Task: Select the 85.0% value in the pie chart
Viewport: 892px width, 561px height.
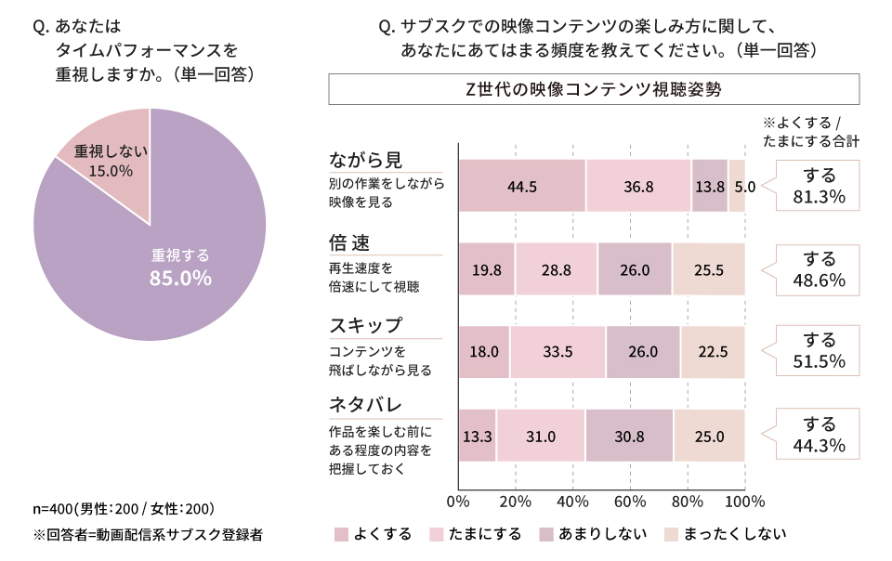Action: pos(181,278)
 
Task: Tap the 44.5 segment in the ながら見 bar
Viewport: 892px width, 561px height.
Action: pos(522,186)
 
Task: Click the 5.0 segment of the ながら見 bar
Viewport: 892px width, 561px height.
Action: pos(737,186)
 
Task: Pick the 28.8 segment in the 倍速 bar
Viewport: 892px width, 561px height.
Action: pos(556,269)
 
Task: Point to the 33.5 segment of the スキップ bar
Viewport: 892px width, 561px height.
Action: pos(557,352)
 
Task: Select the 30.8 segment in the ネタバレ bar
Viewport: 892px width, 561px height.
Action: pos(629,436)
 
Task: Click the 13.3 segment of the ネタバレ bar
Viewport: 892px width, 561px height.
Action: pos(478,436)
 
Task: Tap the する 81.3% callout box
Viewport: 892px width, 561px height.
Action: pos(818,186)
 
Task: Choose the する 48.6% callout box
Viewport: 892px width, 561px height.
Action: pos(818,268)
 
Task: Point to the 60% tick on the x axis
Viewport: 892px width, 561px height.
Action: pos(630,502)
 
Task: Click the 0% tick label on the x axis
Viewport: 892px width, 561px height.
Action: pos(459,502)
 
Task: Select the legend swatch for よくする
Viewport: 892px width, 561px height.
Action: pos(341,534)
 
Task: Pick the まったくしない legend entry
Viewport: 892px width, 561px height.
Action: pos(725,534)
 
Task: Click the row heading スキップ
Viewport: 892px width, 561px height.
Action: pos(366,326)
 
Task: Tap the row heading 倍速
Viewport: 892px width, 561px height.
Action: pos(349,243)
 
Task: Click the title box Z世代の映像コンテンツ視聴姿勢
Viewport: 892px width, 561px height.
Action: pos(593,90)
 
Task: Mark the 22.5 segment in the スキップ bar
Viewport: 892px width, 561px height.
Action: pos(712,352)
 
